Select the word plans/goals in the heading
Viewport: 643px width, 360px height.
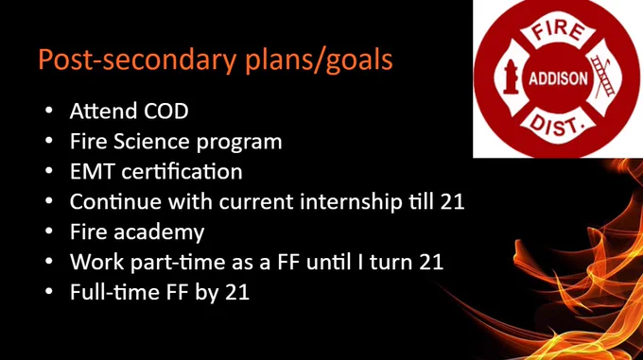click(319, 60)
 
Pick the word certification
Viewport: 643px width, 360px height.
click(182, 171)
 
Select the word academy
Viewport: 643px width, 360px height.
click(159, 232)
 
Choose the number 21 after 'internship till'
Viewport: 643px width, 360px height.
click(452, 201)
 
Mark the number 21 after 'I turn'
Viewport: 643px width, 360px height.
click(431, 262)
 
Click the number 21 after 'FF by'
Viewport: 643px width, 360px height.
click(237, 292)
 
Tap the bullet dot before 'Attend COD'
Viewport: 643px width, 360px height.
click(49, 111)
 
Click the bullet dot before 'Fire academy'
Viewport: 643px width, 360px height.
click(49, 231)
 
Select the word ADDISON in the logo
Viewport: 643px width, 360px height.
click(558, 78)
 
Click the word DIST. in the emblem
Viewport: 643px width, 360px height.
click(557, 125)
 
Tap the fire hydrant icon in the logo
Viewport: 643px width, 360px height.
click(511, 77)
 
